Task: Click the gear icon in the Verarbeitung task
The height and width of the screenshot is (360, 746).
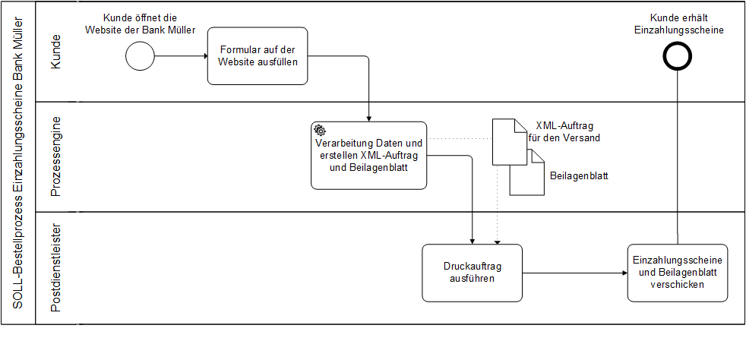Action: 320,131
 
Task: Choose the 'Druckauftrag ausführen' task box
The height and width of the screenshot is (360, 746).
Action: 473,272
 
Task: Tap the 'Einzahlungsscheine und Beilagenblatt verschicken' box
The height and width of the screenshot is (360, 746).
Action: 678,272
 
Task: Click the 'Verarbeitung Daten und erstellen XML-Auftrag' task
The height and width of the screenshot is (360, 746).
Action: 368,156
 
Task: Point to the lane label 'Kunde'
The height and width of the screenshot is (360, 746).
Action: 55,52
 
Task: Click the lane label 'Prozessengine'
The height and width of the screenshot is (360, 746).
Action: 55,157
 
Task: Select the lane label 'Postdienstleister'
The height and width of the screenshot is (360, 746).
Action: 55,267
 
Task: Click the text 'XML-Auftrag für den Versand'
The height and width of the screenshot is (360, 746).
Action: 564,132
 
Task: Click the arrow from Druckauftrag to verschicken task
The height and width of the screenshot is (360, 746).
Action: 574,272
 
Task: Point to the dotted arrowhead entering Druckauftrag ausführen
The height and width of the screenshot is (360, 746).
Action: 497,241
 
